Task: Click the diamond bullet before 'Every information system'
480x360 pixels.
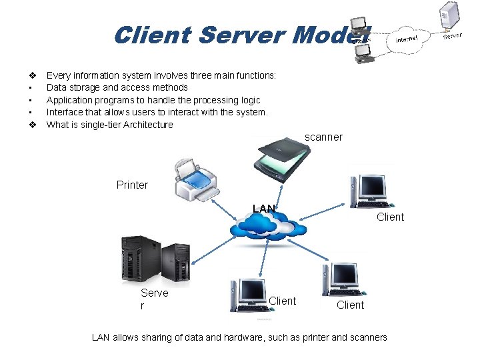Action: [x=31, y=75]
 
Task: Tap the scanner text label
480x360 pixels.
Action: [x=323, y=137]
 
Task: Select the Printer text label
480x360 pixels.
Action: [x=132, y=185]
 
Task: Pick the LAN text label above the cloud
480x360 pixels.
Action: [x=264, y=209]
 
